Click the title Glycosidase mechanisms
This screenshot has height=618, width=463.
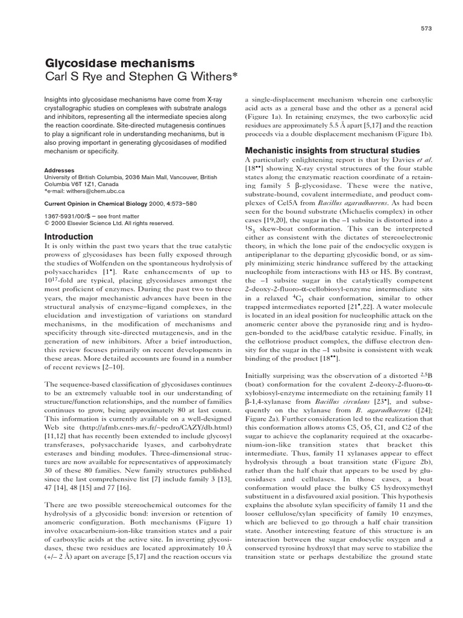(x=120, y=63)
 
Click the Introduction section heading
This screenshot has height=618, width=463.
(x=69, y=237)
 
